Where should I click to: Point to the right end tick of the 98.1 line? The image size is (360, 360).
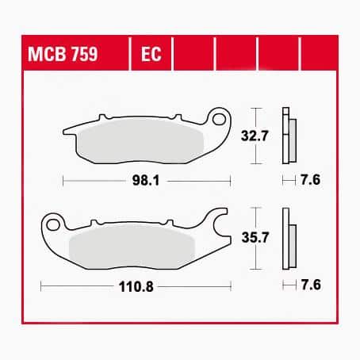click(x=230, y=181)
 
